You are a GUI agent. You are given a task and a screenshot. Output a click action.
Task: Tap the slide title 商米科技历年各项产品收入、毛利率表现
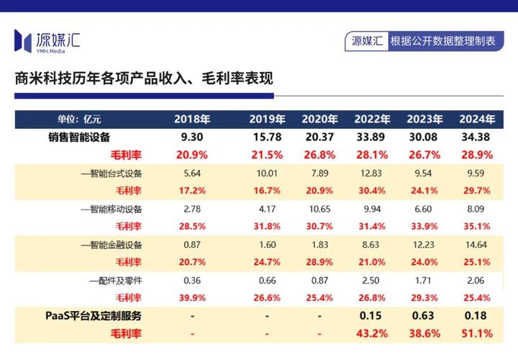144,78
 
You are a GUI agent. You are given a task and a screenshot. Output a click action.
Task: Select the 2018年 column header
191,119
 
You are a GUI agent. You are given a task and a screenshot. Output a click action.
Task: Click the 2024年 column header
478,119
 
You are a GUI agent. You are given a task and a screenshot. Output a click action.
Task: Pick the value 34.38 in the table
478,137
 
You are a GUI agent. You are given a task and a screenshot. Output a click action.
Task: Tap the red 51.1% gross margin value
478,333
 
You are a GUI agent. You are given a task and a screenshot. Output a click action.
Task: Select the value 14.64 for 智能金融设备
478,244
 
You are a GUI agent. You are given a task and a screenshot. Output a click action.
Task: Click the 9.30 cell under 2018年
191,137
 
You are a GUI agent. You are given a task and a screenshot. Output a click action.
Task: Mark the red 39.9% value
191,297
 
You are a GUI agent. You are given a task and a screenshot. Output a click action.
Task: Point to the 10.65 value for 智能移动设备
319,209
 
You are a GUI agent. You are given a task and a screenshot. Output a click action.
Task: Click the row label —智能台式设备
112,173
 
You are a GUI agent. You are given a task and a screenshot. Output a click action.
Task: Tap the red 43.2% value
372,333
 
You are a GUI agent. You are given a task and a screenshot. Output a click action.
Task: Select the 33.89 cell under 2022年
372,137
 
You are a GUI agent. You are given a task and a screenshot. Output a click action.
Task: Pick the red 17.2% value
191,191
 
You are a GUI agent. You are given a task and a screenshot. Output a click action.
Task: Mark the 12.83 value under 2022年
372,173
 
